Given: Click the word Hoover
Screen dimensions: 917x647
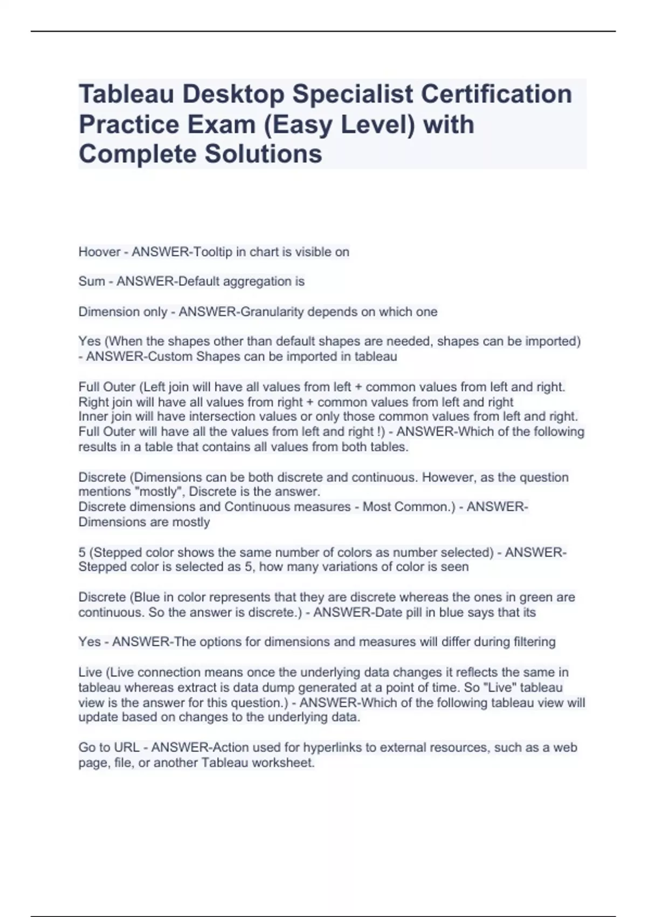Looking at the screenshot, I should pyautogui.click(x=99, y=252).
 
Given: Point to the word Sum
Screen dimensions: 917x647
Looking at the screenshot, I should pyautogui.click(x=92, y=282).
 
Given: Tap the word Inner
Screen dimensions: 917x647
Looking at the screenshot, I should pyautogui.click(x=93, y=416).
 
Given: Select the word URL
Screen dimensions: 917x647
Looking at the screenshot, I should pyautogui.click(x=127, y=748).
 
